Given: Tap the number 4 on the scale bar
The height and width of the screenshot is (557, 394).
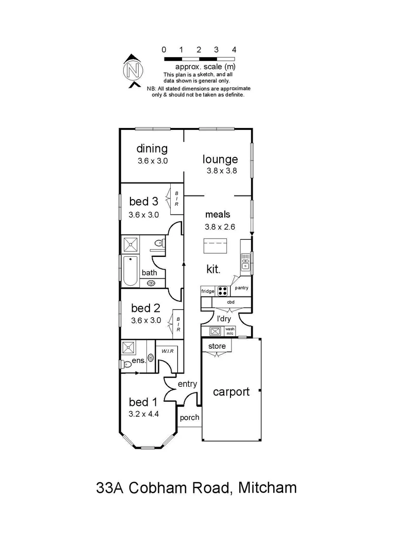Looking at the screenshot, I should pos(234,50).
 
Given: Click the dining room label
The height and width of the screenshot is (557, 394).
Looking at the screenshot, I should pos(152,149).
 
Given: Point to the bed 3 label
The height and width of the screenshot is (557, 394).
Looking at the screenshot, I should pos(143,201).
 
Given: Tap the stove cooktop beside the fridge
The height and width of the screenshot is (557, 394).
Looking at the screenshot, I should pos(223,291).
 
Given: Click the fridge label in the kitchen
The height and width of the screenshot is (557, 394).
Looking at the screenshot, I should pos(208,291).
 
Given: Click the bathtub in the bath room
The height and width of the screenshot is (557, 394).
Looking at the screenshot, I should pos(129,271).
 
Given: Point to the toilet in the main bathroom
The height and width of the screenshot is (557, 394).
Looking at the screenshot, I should pos(159,243).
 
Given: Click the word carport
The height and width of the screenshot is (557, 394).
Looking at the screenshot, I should pos(231,391).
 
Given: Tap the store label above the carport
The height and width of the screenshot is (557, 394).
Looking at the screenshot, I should pos(217,346).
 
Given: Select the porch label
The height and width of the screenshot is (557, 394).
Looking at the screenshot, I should pos(189,418).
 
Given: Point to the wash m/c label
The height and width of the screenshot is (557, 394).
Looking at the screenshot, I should pos(229,331).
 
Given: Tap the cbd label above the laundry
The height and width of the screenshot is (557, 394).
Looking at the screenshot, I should pos(231,302).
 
